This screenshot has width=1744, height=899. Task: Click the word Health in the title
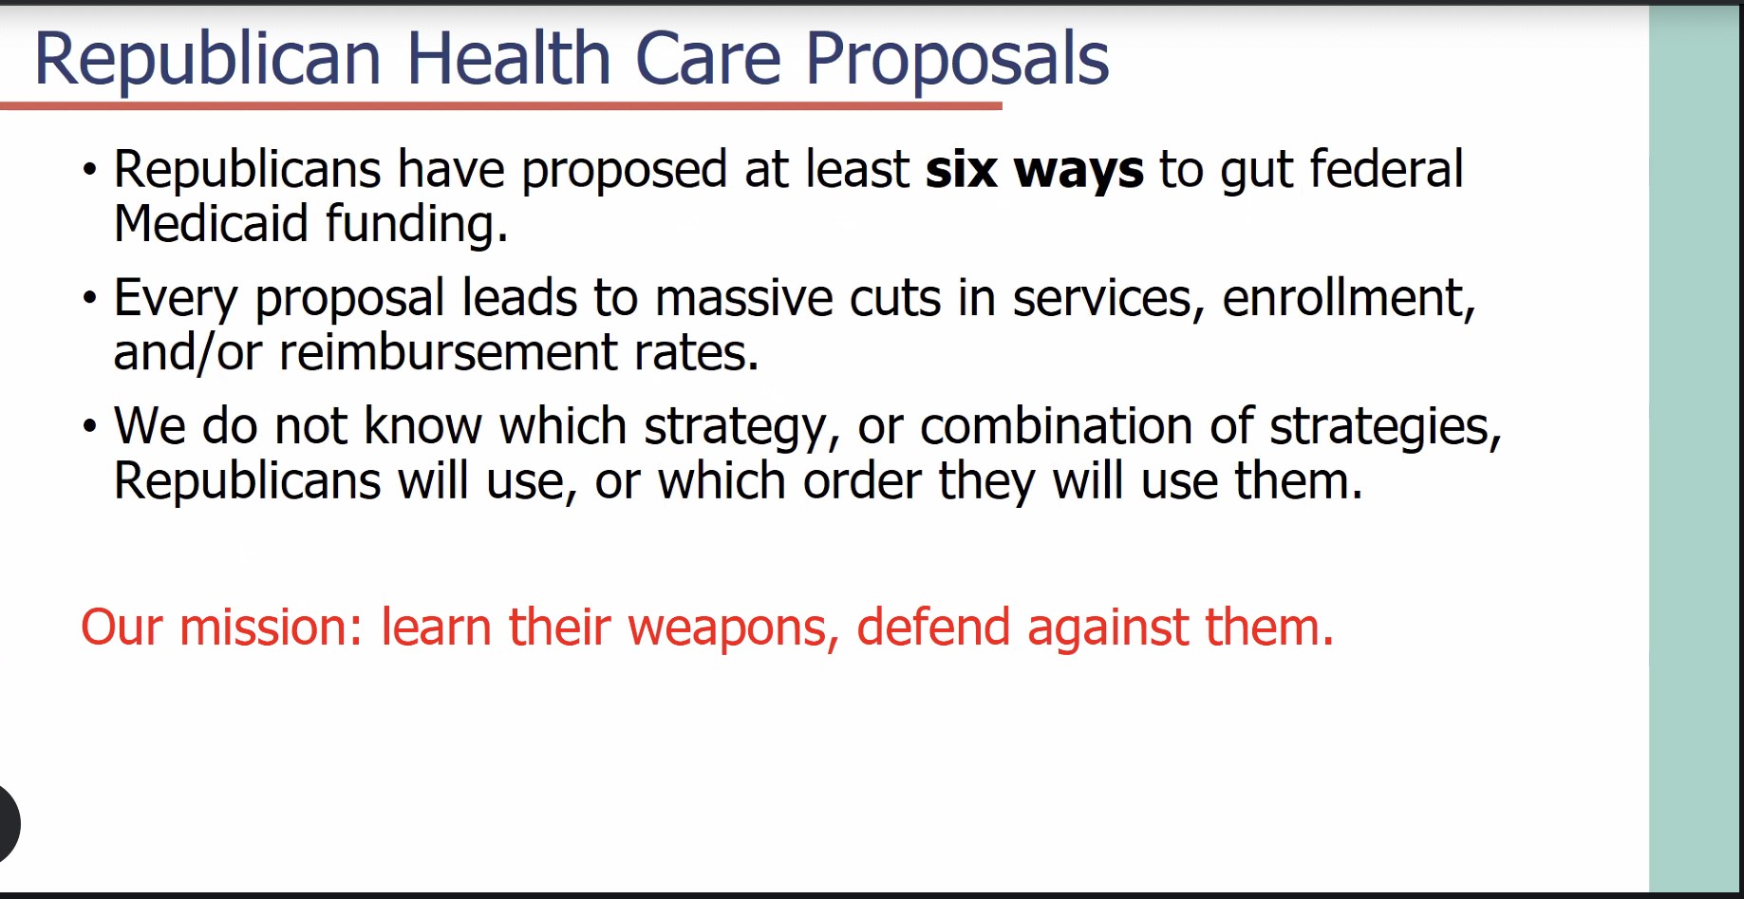(509, 59)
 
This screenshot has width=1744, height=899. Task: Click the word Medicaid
(211, 224)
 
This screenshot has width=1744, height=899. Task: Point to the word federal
(1387, 169)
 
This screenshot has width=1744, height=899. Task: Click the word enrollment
(1349, 299)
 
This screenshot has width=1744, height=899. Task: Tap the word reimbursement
(448, 352)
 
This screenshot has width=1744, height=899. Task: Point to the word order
(862, 480)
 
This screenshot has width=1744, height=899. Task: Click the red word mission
(272, 627)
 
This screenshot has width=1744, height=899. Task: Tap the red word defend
(933, 627)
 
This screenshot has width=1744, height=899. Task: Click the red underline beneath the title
(501, 105)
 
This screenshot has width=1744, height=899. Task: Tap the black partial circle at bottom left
(9, 823)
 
